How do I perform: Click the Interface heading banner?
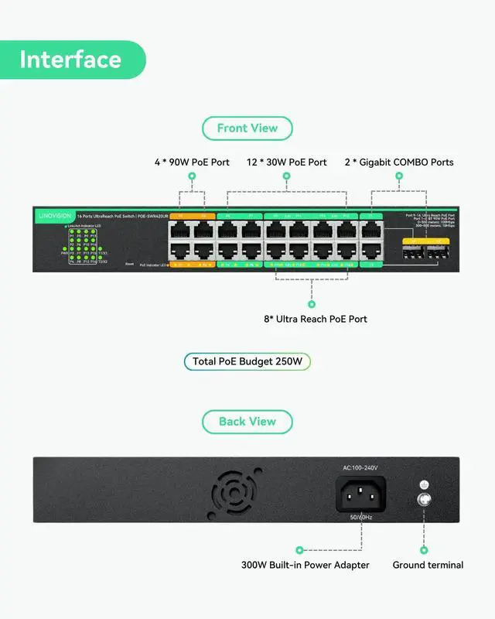click(x=71, y=60)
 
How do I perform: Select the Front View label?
click(x=247, y=128)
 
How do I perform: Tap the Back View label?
click(x=247, y=422)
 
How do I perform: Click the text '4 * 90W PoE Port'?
click(x=192, y=162)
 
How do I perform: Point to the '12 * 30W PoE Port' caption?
click(x=287, y=162)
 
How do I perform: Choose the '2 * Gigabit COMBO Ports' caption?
click(x=399, y=162)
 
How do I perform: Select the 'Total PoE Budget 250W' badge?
click(x=247, y=361)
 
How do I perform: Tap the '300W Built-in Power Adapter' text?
click(x=306, y=565)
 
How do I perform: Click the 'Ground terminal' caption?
click(x=428, y=565)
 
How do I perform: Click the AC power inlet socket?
click(x=361, y=494)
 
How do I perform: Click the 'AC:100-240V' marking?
click(x=360, y=468)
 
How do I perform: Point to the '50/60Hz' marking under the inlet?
click(x=360, y=516)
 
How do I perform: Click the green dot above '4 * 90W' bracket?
click(x=192, y=176)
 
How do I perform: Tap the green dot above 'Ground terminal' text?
click(x=424, y=550)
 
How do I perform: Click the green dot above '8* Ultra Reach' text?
click(x=312, y=304)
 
